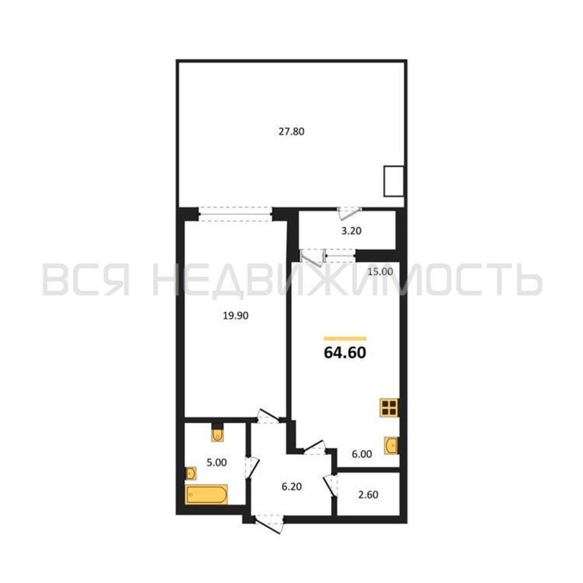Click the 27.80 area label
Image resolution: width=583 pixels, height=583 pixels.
(291, 132)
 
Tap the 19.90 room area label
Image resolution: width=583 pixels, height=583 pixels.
(235, 316)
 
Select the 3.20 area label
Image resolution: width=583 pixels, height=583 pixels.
(351, 231)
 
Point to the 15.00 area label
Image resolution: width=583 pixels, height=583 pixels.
(380, 272)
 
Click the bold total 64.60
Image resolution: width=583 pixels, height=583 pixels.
(345, 352)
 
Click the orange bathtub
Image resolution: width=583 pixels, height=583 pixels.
(207, 495)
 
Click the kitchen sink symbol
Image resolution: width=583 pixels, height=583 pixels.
(391, 445)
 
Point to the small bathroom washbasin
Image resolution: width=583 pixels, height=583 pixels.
(191, 473)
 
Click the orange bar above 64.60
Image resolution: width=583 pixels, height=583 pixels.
(345, 338)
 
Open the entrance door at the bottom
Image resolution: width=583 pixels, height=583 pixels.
(268, 524)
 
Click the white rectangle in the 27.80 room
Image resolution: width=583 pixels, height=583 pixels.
(394, 181)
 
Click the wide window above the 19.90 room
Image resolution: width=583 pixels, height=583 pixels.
(236, 214)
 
